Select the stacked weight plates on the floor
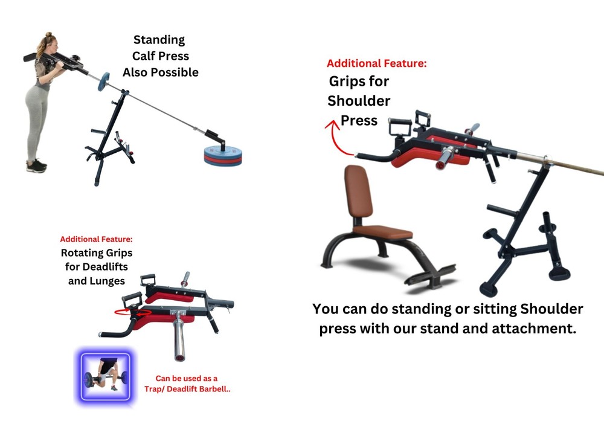[x=220, y=156]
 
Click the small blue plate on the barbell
[x=102, y=81]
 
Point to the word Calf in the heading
[x=140, y=56]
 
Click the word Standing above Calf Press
[x=159, y=40]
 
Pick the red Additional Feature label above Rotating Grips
[x=96, y=239]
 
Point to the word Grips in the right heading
[x=350, y=82]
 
